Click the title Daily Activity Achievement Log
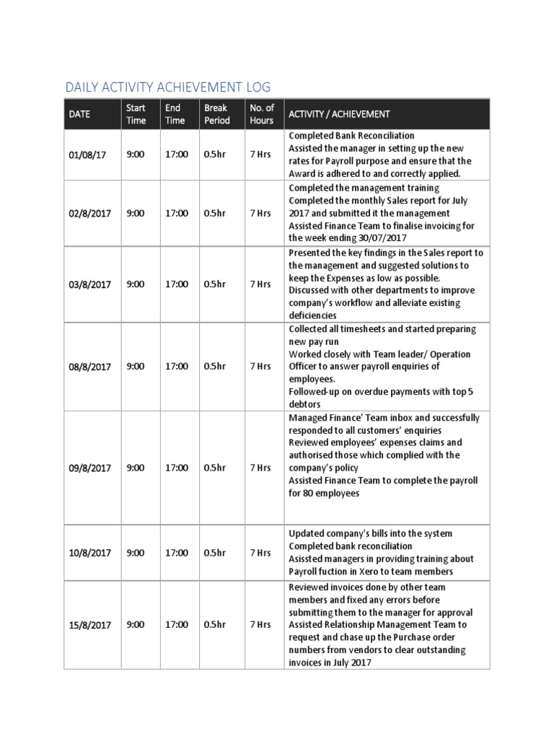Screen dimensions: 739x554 [167, 87]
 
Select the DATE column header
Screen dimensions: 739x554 [79, 114]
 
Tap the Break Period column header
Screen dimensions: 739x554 [216, 114]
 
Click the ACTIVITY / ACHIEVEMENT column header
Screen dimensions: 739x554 [339, 114]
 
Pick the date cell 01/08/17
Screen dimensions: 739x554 [87, 155]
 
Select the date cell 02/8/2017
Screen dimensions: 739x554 [89, 214]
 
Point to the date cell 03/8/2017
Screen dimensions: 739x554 [89, 284]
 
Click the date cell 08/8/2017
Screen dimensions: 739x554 [89, 367]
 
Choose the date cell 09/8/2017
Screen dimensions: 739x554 [89, 468]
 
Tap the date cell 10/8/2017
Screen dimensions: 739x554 [89, 553]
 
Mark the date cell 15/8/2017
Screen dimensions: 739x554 [89, 625]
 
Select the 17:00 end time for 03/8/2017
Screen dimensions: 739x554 [177, 284]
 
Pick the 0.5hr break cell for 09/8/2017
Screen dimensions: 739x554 [214, 468]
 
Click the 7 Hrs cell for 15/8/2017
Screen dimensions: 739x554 [260, 625]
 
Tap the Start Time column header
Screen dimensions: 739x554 [136, 114]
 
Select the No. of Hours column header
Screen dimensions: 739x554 [262, 114]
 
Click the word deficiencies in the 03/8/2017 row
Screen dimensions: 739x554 [312, 315]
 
